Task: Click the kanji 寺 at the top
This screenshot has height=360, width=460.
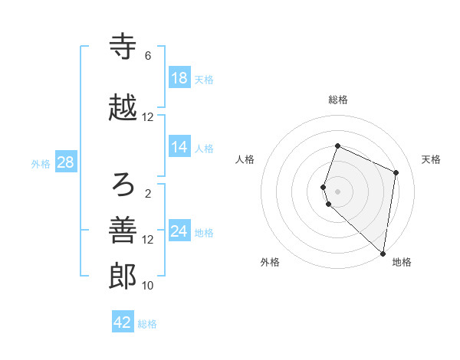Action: click(123, 47)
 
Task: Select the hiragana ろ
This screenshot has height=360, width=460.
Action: click(123, 184)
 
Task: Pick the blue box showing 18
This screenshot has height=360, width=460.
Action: click(179, 78)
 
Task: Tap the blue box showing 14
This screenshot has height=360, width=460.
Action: click(179, 147)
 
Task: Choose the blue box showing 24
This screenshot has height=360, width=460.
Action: click(179, 231)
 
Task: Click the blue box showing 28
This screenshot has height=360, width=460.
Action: click(65, 162)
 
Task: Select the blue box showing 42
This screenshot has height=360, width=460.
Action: click(123, 322)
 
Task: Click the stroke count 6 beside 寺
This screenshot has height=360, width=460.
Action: click(147, 56)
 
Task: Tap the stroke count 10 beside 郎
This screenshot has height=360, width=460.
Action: click(148, 286)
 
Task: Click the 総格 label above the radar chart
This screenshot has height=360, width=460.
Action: click(338, 100)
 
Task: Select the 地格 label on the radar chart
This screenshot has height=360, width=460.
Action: click(402, 262)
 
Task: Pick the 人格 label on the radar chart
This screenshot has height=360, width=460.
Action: click(245, 159)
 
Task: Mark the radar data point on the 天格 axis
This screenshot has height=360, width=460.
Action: click(396, 172)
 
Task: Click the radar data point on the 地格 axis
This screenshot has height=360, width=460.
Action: click(383, 254)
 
